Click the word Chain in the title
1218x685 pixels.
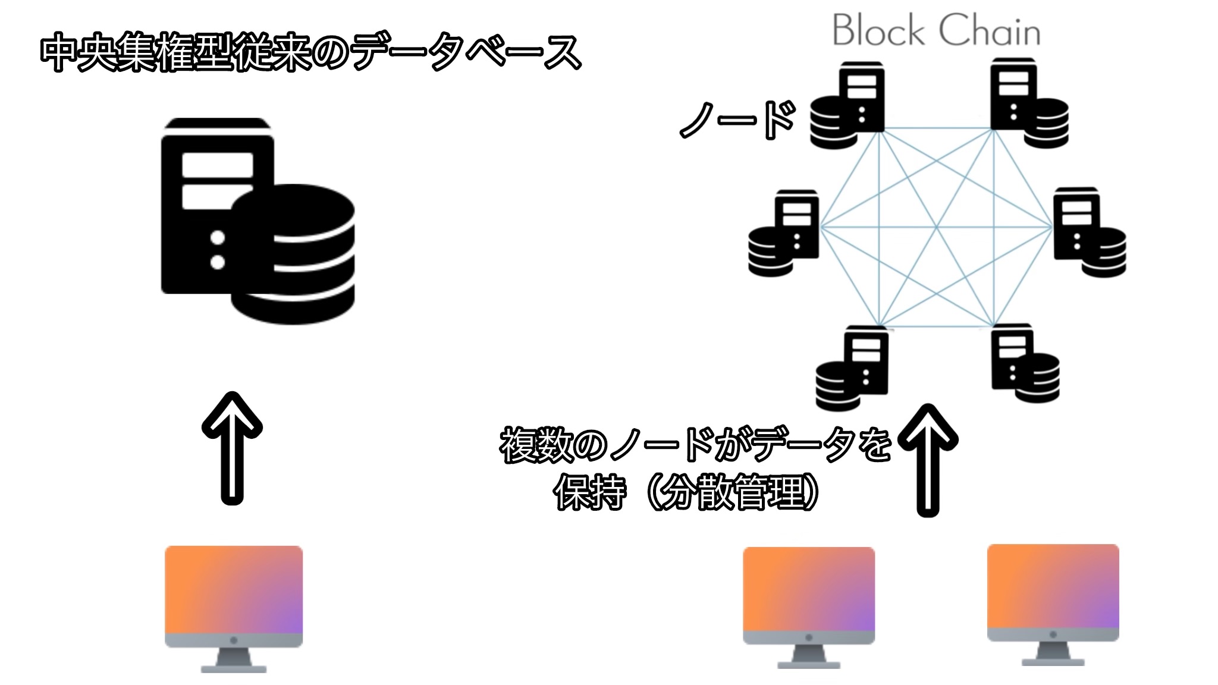990,31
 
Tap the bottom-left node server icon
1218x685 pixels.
852,369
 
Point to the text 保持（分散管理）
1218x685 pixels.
687,492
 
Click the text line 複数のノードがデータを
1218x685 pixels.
696,445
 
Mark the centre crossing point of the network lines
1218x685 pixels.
936,227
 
